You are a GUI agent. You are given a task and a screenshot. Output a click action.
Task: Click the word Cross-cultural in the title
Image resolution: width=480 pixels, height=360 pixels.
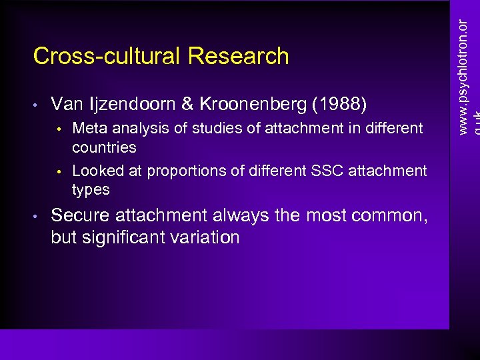[x=108, y=56]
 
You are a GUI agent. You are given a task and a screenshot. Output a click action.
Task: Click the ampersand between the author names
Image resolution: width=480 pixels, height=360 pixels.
[x=187, y=104]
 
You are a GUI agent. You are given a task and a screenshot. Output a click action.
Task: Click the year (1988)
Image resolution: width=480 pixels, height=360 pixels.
[x=343, y=104]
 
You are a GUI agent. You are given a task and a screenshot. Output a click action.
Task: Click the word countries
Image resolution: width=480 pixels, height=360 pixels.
[x=104, y=147]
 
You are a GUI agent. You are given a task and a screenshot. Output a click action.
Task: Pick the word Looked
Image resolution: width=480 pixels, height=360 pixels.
[x=98, y=171]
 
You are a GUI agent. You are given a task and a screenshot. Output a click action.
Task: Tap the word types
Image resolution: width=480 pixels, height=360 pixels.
[x=91, y=190]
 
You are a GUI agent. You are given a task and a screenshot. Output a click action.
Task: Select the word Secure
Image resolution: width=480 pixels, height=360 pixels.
[x=80, y=215]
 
